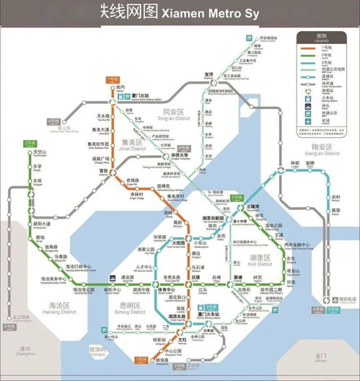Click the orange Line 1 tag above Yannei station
[113, 79]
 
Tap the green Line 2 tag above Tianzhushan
[30, 144]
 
